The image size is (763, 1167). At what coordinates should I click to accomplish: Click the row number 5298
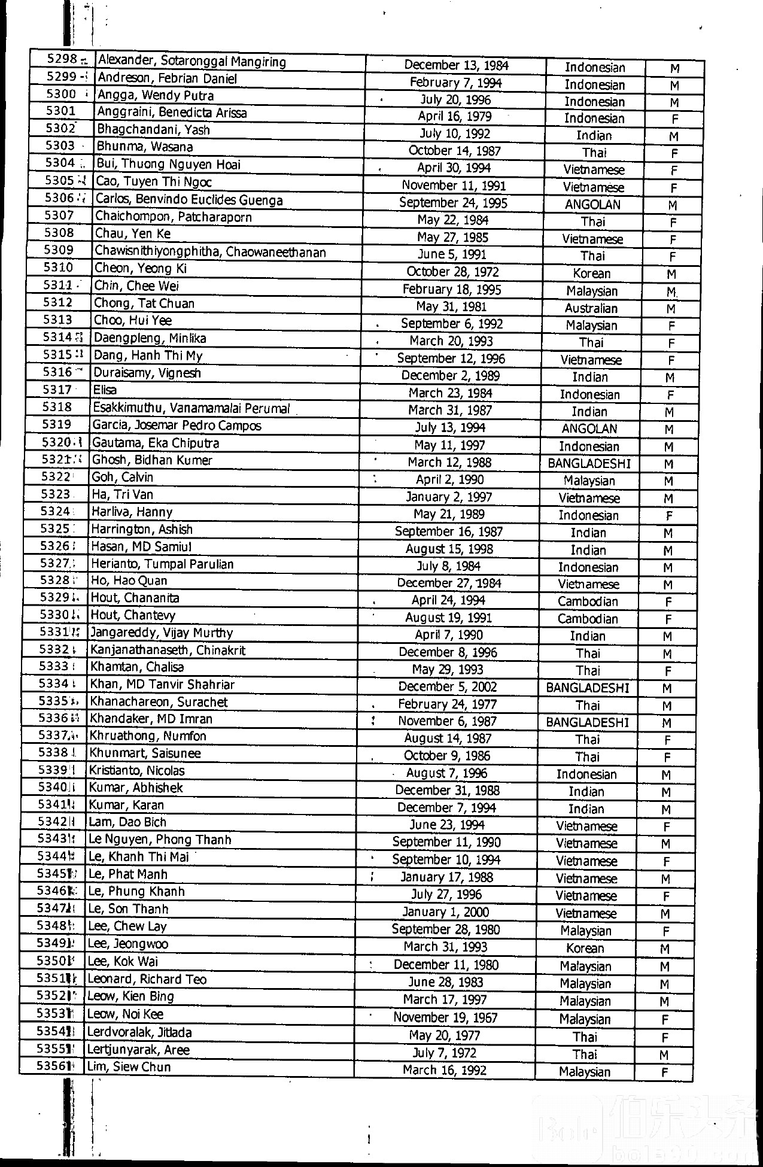click(x=62, y=59)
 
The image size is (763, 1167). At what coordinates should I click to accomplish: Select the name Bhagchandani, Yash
click(x=153, y=130)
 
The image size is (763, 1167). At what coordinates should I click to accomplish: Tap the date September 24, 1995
click(x=453, y=203)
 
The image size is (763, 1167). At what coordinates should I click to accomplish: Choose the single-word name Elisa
click(x=104, y=390)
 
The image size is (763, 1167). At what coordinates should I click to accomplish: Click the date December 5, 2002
click(x=448, y=687)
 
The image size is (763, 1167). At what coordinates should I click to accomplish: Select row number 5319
click(x=57, y=424)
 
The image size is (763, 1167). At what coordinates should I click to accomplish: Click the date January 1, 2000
click(x=445, y=913)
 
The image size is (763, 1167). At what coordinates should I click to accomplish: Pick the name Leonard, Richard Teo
click(x=147, y=980)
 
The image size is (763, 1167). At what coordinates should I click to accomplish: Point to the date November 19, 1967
click(x=445, y=1017)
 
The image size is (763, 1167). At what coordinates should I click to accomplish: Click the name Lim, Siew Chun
click(x=129, y=1067)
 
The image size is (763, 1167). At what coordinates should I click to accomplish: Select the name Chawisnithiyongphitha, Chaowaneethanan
click(x=210, y=252)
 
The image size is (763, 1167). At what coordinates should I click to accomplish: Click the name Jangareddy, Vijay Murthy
click(x=162, y=633)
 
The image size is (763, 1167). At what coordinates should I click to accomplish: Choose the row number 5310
click(x=58, y=268)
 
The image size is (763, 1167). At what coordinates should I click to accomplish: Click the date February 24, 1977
click(x=448, y=704)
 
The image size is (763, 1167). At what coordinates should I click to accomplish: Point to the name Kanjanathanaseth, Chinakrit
click(x=168, y=650)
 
